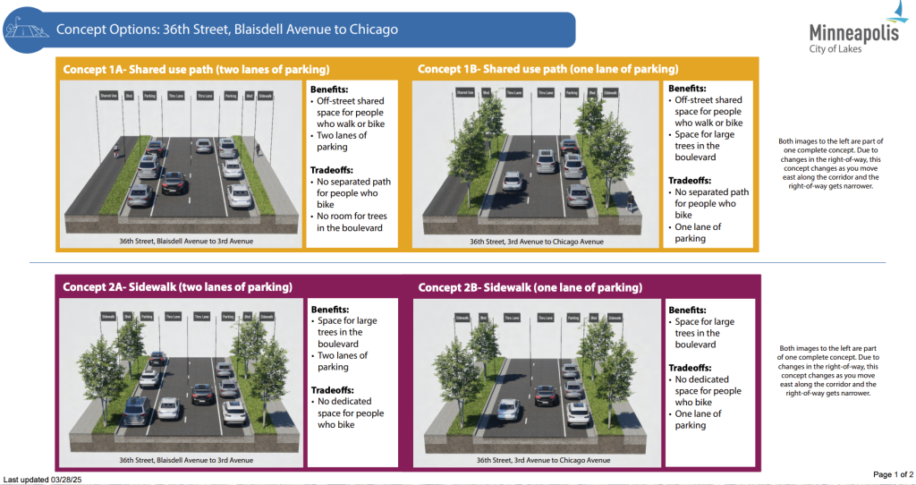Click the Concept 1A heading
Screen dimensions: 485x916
(196, 69)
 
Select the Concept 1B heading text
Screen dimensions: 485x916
(547, 69)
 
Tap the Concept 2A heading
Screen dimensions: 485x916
(176, 287)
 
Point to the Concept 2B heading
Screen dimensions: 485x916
(530, 287)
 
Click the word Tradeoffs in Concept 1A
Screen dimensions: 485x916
(335, 171)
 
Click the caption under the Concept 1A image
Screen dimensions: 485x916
(176, 242)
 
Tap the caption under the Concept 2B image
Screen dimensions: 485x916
(531, 460)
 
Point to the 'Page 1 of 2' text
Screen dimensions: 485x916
(893, 473)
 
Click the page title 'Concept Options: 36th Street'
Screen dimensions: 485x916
(226, 30)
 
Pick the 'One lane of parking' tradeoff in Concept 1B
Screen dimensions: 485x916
(698, 233)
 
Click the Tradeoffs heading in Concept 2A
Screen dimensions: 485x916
(335, 390)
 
